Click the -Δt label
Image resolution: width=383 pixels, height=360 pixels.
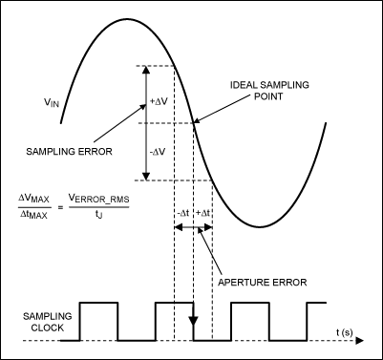[x=183, y=213]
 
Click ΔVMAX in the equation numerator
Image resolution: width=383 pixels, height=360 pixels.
[x=36, y=200]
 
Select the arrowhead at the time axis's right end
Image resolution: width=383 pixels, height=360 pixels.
[x=366, y=339]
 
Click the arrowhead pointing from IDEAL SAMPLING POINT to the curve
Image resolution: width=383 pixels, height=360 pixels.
[x=197, y=121]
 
